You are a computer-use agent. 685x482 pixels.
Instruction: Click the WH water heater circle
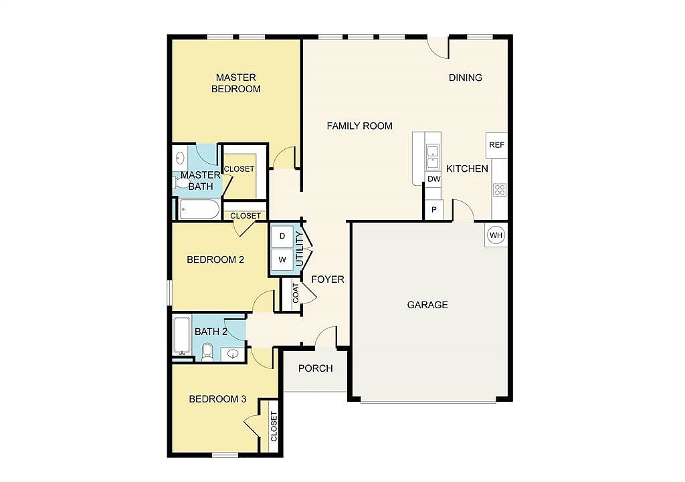tap(496, 235)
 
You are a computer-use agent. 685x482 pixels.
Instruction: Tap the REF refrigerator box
tap(497, 145)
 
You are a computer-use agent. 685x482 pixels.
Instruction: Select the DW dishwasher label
tap(433, 179)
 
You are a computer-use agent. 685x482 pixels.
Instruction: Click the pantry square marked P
tap(433, 209)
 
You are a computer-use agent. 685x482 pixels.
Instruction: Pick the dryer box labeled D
tap(282, 236)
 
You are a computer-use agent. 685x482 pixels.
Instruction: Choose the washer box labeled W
tap(282, 260)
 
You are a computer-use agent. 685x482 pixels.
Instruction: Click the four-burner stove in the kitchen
tap(500, 190)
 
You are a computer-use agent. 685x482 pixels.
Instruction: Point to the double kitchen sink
tap(433, 157)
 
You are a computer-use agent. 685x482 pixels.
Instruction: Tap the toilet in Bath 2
tap(207, 352)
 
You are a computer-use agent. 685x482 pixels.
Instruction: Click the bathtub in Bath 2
tap(182, 336)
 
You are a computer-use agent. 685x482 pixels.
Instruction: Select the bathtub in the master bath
tap(199, 209)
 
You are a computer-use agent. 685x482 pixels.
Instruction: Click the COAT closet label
tap(296, 293)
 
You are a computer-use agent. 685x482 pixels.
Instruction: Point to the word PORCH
tap(316, 368)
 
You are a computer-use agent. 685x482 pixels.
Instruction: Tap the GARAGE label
tap(427, 305)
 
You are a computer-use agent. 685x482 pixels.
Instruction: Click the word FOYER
tap(328, 279)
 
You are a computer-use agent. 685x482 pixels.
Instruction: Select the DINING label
tap(466, 78)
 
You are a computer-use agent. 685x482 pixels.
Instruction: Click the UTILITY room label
tap(300, 249)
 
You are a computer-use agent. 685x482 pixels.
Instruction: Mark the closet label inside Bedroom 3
tap(274, 427)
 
